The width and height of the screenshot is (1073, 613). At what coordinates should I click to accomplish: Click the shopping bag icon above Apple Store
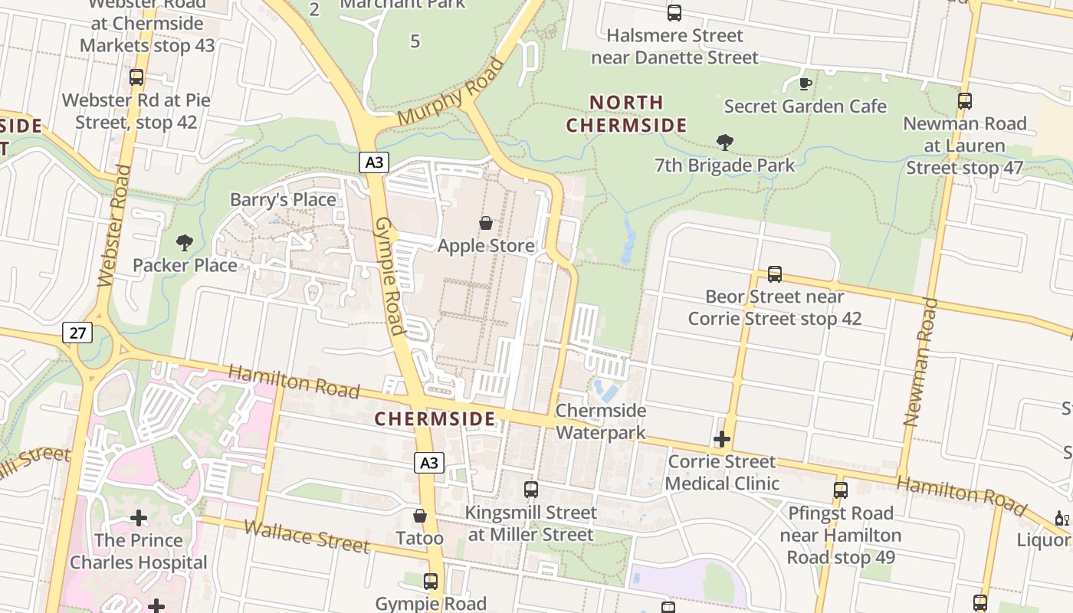[x=486, y=223]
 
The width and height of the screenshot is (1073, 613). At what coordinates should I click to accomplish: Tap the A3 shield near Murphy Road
[x=373, y=162]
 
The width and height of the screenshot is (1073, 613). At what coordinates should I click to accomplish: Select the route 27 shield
[x=77, y=333]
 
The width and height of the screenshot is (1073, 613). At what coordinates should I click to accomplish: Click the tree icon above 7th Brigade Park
[x=724, y=142]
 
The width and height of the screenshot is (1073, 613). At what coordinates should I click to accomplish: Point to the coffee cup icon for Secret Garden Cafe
[x=805, y=83]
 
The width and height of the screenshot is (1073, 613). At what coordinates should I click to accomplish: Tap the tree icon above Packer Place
[x=184, y=243]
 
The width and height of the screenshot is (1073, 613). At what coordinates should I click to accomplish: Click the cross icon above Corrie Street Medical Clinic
[x=721, y=439]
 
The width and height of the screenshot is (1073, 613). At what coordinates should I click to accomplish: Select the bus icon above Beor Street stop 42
[x=775, y=274]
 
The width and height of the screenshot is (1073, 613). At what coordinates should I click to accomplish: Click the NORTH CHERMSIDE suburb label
[x=626, y=113]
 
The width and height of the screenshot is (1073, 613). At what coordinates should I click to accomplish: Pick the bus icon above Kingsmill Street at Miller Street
[x=530, y=489]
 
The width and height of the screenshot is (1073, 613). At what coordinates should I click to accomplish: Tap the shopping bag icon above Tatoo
[x=419, y=516]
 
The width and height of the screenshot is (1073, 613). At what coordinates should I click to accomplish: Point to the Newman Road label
[x=920, y=362]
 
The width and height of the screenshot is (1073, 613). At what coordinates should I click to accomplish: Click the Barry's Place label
[x=283, y=200]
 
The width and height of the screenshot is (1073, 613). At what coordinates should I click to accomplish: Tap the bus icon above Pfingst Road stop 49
[x=841, y=490]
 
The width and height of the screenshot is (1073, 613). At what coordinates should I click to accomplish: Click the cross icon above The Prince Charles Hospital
[x=139, y=518]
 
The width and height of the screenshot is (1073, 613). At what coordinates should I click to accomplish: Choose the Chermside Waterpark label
[x=601, y=421]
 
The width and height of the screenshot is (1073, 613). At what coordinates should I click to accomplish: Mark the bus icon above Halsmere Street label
[x=674, y=13]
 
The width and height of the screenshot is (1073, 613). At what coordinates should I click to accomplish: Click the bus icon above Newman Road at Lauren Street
[x=965, y=100]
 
